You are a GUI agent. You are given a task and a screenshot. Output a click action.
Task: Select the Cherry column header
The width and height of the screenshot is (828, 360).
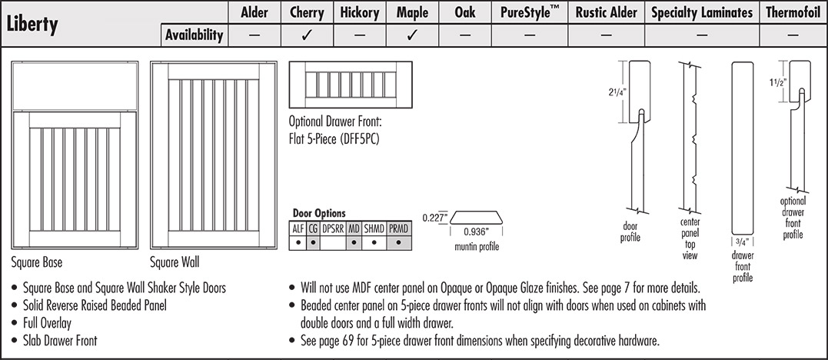306,12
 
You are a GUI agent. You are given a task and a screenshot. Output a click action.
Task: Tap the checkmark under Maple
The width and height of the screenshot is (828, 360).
412,35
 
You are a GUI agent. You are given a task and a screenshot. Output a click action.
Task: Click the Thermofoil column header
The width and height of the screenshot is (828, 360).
793,12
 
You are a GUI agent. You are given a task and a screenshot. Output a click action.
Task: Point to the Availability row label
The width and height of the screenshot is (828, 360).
195,35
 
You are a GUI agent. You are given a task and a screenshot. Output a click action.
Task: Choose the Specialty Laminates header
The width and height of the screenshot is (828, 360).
701,12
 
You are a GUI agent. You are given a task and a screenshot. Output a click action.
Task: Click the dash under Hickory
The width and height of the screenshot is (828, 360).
360,35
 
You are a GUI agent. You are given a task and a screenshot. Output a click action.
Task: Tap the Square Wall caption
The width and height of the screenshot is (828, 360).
175,262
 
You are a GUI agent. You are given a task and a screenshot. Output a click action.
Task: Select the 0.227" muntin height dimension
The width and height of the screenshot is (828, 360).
434,217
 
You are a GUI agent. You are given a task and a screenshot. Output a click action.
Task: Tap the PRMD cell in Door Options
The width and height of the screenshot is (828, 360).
398,228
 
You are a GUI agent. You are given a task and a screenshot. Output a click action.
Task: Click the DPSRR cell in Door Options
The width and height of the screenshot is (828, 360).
333,228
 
